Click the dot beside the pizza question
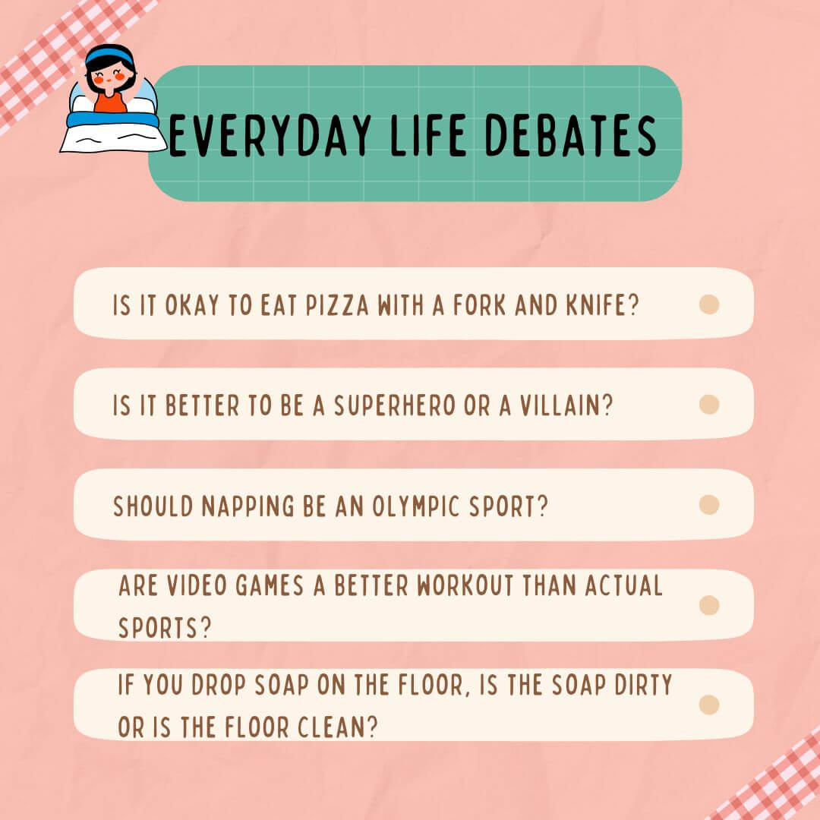click(x=708, y=304)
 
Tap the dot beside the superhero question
click(x=708, y=405)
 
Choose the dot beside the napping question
click(x=708, y=505)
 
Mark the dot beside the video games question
click(x=708, y=605)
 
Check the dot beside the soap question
click(x=708, y=705)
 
